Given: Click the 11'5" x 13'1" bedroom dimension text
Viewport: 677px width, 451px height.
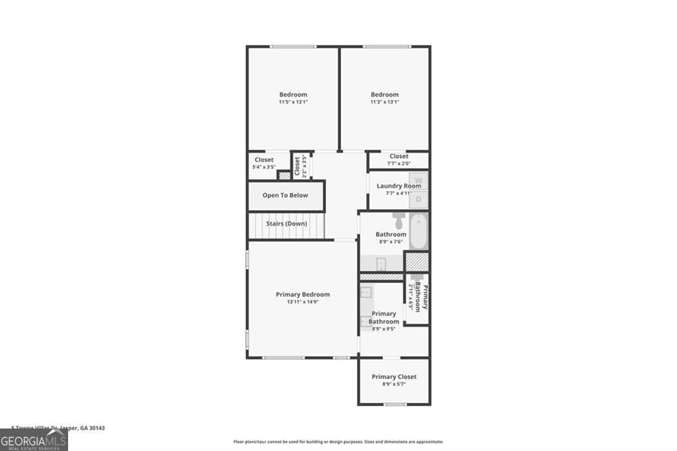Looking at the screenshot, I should point(293,102).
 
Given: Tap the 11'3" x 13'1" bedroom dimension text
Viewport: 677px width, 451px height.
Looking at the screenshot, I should point(384,102).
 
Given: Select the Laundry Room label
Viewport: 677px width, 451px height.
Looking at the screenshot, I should point(399,186).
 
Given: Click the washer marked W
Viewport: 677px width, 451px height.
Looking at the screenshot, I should point(418,180).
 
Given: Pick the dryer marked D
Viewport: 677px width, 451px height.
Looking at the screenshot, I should point(418,199).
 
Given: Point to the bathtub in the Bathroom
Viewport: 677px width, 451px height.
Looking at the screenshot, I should point(418,231).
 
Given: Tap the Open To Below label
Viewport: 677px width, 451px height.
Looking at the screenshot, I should point(286,196).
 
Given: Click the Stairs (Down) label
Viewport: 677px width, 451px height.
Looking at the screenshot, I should point(286,224).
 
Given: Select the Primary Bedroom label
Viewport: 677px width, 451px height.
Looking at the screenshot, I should point(302,294).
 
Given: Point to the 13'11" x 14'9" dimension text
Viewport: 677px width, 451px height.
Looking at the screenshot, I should point(302,302).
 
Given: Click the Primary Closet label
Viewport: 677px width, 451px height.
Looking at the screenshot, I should point(394,377).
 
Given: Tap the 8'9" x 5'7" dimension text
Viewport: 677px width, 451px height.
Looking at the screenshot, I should point(394,384).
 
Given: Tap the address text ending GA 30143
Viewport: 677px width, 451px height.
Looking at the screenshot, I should point(58,428).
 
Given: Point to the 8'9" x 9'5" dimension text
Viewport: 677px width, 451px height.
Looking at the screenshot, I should point(383,329).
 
